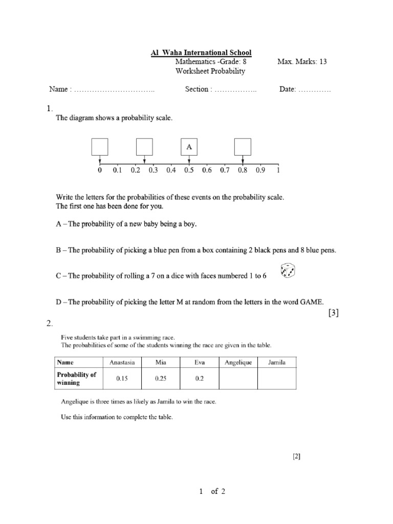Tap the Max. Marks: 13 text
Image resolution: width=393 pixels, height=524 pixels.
(302, 62)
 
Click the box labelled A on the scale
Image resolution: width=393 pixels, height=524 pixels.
(189, 147)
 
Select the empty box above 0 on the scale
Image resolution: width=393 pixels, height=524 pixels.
(100, 147)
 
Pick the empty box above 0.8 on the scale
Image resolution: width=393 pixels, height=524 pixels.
(243, 147)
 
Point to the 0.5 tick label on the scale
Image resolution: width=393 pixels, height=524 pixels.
(189, 170)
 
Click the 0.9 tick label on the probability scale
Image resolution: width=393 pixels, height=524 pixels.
(260, 170)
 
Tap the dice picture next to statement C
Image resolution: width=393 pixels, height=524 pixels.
(288, 272)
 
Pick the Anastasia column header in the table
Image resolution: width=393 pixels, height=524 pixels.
(122, 362)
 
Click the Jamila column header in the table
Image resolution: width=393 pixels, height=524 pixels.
(277, 362)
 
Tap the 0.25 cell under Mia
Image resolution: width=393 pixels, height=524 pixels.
(161, 379)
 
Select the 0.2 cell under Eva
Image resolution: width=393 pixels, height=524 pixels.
(200, 379)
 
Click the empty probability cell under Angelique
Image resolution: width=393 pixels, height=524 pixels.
(238, 379)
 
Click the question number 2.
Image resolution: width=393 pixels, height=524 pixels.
(49, 323)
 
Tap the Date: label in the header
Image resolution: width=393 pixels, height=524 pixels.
(288, 89)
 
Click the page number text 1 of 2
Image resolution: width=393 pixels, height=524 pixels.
(212, 492)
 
